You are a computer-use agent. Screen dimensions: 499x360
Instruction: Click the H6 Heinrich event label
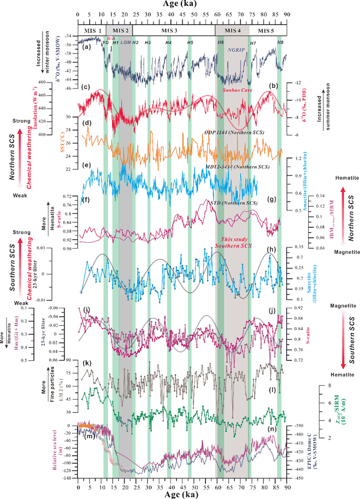[x=221, y=42]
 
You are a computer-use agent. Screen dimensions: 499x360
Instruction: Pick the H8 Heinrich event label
[x=280, y=42]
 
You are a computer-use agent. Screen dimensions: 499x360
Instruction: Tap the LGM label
[x=126, y=42]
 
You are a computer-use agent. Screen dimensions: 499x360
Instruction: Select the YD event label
[x=105, y=42]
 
